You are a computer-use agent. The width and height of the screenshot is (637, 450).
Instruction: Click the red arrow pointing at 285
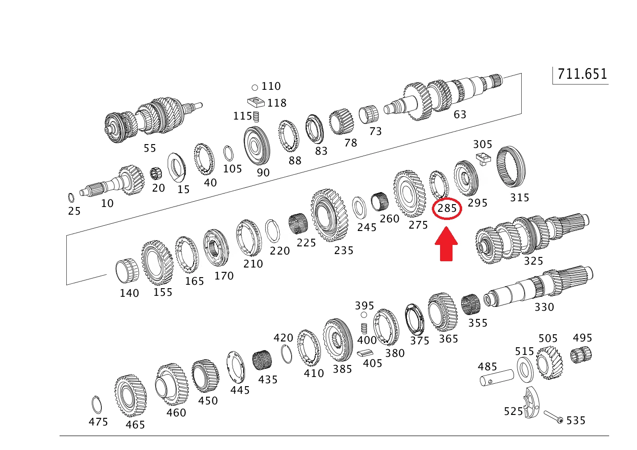[x=446, y=243]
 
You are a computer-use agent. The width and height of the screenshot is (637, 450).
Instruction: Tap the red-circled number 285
[x=447, y=208]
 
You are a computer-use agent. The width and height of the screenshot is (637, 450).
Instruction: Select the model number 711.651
[x=582, y=74]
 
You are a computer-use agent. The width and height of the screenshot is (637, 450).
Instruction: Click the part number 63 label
[x=460, y=114]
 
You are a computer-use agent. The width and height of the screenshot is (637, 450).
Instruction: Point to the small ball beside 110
[x=255, y=87]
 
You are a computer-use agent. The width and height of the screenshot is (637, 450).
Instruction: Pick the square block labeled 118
[x=256, y=103]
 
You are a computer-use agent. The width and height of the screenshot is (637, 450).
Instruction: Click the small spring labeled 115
[x=256, y=116]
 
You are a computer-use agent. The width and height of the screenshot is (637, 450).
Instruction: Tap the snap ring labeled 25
[x=71, y=198]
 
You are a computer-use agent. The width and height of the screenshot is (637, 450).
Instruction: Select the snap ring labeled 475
[x=97, y=405]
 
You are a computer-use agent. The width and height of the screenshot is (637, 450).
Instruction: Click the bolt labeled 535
[x=553, y=417]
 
